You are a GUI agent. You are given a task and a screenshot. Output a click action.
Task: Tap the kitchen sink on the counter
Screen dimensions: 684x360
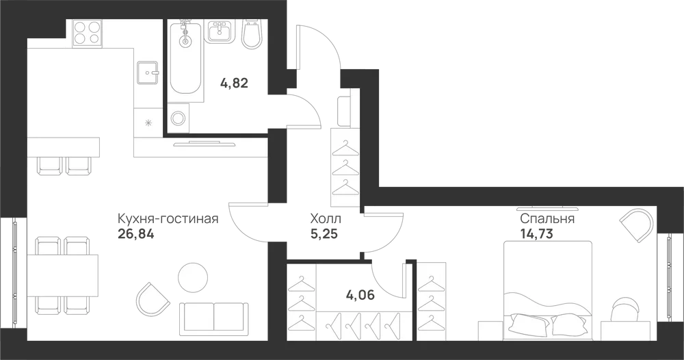148,73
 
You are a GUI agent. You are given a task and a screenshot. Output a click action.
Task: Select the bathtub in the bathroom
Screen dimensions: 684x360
185,57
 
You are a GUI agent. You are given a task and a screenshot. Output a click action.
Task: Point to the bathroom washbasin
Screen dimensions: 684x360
220,31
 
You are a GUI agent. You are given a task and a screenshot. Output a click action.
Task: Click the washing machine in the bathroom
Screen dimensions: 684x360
179,118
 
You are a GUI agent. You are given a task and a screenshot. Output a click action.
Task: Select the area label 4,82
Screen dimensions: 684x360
234,83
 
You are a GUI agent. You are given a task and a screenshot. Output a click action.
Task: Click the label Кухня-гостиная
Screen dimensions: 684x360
168,218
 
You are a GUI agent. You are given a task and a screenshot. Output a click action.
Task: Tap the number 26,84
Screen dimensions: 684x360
136,235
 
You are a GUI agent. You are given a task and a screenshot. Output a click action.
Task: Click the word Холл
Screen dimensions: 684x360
326,218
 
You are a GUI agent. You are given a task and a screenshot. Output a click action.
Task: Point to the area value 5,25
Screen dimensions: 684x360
324,234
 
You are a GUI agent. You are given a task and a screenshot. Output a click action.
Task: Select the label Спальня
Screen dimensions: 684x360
547,218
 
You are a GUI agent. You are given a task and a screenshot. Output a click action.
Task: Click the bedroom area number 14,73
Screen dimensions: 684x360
536,234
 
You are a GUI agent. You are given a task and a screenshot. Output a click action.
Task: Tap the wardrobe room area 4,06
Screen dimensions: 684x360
360,296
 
